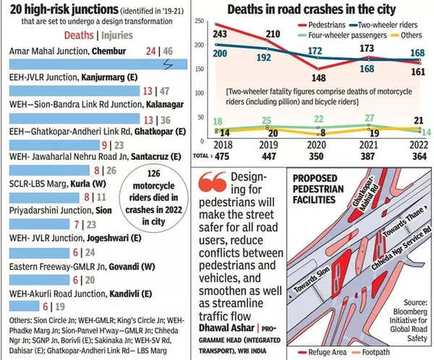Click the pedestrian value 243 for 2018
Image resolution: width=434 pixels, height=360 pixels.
pos(221,35)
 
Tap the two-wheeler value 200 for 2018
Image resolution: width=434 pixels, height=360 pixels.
pos(221,55)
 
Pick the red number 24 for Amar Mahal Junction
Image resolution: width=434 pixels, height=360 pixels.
pos(150,52)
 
